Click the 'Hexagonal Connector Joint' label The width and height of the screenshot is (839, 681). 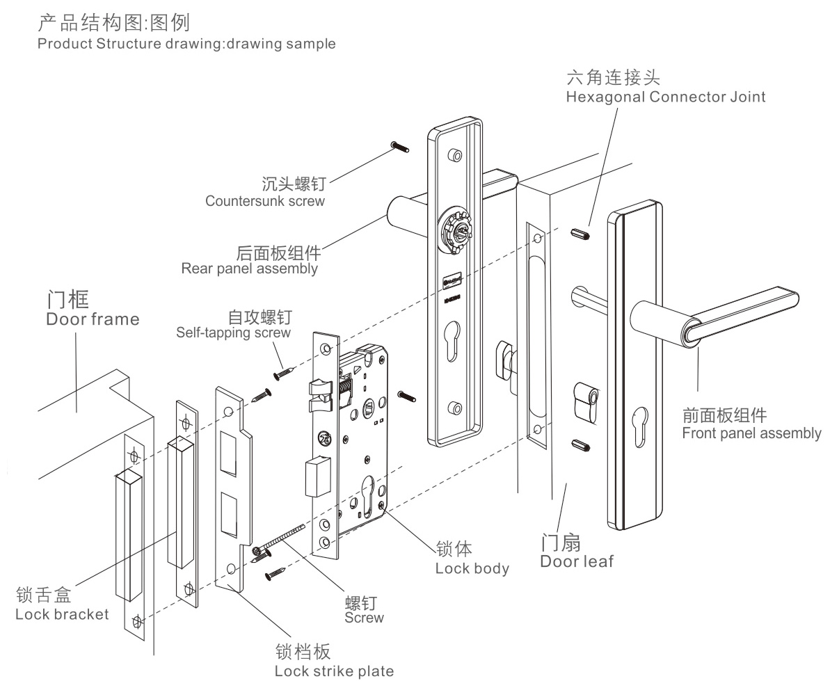pyautogui.click(x=665, y=96)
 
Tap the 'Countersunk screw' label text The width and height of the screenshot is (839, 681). pyautogui.click(x=265, y=201)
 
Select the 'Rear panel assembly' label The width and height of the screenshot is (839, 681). pyautogui.click(x=249, y=269)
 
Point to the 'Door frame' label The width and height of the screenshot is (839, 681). pyautogui.click(x=92, y=319)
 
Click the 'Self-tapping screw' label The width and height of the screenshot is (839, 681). pyautogui.click(x=233, y=333)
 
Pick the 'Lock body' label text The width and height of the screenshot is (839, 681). pyautogui.click(x=472, y=568)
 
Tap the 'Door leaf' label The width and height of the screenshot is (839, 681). pyautogui.click(x=577, y=561)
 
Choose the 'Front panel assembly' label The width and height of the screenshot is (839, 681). pyautogui.click(x=751, y=433)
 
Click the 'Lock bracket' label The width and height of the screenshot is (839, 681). pyautogui.click(x=62, y=614)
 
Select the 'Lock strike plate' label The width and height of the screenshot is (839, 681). pyautogui.click(x=334, y=671)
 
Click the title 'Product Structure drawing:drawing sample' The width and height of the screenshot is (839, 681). pyautogui.click(x=186, y=44)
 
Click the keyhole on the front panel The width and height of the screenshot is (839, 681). pyautogui.click(x=640, y=423)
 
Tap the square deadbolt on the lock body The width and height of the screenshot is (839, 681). pyautogui.click(x=315, y=475)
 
